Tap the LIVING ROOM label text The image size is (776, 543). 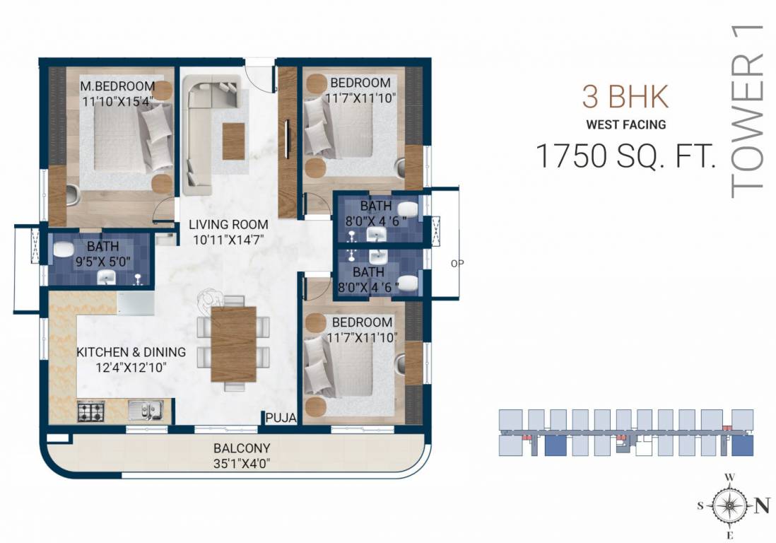[x=226, y=225]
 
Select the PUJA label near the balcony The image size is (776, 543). [x=281, y=418]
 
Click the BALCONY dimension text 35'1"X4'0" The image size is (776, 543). [x=242, y=464]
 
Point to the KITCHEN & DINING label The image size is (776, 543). [x=131, y=352]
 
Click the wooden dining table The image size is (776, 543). [x=233, y=344]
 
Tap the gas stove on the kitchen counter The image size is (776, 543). [x=90, y=411]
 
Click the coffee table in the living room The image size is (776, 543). [x=234, y=141]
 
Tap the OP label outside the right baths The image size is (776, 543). [x=457, y=263]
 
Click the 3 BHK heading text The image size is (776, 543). [x=625, y=98]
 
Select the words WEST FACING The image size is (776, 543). [x=625, y=125]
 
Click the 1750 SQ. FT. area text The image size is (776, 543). [x=625, y=156]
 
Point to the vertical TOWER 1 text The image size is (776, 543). [x=747, y=110]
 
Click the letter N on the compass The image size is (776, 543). [x=761, y=505]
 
